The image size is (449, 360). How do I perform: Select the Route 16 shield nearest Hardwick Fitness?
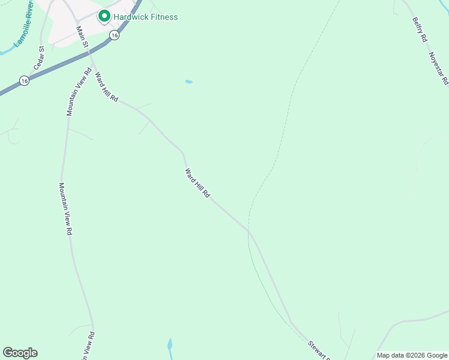(x=114, y=35)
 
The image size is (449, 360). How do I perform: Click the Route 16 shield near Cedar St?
(x=23, y=80)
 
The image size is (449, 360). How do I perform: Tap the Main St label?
(x=82, y=35)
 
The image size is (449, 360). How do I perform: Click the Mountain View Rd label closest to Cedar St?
(x=79, y=92)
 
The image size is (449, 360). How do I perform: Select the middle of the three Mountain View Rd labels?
(x=66, y=208)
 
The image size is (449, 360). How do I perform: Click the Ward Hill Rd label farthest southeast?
(x=197, y=184)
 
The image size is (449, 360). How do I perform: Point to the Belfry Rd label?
(x=420, y=29)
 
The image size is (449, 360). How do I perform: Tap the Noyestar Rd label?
(x=439, y=67)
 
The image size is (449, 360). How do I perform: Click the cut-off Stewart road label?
(x=319, y=350)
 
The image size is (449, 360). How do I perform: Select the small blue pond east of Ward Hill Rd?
(x=189, y=82)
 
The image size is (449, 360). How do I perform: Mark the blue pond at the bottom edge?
(x=170, y=346)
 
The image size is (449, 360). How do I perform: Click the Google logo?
(x=20, y=353)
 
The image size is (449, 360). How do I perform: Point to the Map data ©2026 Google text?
(x=412, y=355)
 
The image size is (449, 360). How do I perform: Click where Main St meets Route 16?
(x=89, y=53)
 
